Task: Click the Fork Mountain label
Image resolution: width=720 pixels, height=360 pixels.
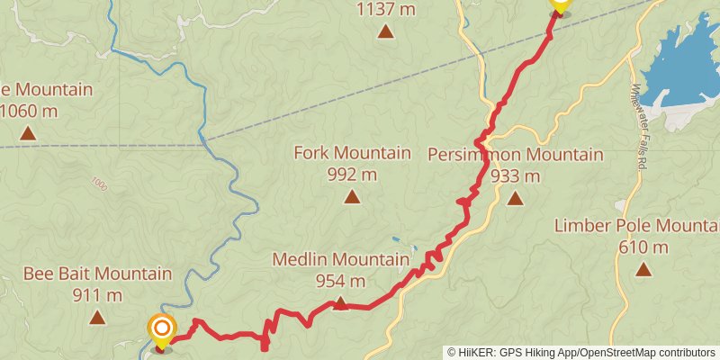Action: pyautogui.click(x=352, y=154)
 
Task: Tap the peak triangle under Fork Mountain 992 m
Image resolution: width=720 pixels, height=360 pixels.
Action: pyautogui.click(x=351, y=197)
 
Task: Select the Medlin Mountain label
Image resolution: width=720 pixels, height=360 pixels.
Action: pyautogui.click(x=340, y=260)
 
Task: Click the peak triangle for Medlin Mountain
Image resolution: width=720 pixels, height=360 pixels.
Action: pyautogui.click(x=340, y=303)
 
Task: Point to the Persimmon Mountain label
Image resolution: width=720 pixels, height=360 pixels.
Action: pyautogui.click(x=516, y=154)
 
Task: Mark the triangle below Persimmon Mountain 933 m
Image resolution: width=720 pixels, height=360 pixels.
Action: pyautogui.click(x=515, y=198)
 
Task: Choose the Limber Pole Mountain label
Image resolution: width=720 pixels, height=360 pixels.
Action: pyautogui.click(x=636, y=225)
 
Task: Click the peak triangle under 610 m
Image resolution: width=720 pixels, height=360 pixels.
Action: pyautogui.click(x=643, y=269)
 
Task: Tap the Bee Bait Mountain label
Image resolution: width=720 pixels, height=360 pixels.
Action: pyautogui.click(x=97, y=274)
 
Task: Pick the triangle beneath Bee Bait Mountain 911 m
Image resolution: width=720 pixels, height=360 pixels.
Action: pyautogui.click(x=97, y=317)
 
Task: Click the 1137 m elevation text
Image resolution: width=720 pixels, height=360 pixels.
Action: pyautogui.click(x=385, y=10)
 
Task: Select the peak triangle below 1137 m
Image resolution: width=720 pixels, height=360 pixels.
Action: pyautogui.click(x=385, y=32)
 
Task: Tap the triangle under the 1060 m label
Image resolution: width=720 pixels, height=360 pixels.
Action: pyautogui.click(x=28, y=134)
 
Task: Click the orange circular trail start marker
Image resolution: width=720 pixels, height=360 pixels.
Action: pyautogui.click(x=162, y=330)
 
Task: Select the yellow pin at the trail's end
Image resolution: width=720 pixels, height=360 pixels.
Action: pyautogui.click(x=561, y=5)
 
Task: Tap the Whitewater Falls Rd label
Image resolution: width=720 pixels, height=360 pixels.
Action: pyautogui.click(x=639, y=127)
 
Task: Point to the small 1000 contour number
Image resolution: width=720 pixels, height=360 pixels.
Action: pyautogui.click(x=98, y=184)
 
